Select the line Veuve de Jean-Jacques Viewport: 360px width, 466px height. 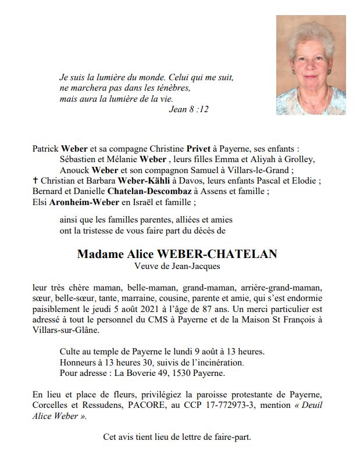[177, 267]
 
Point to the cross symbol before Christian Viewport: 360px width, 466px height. [36, 181]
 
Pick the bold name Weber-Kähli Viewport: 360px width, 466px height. [141, 181]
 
